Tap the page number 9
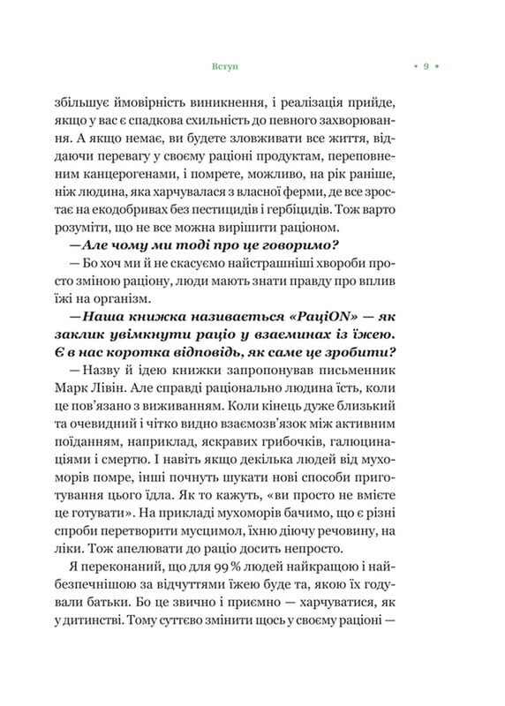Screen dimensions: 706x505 (x=426, y=66)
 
